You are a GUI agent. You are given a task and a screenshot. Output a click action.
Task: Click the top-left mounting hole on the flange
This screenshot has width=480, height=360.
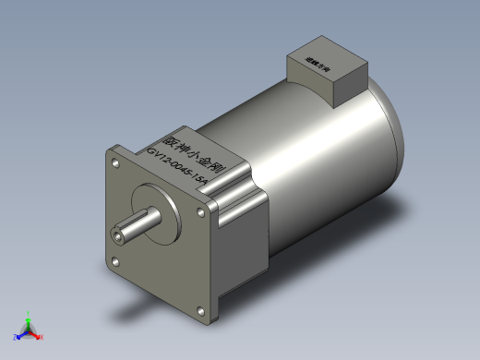click(x=116, y=162)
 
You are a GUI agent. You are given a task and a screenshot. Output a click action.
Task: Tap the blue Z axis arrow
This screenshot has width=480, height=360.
click(x=20, y=334)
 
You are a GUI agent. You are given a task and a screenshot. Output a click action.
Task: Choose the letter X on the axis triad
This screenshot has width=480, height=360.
click(x=42, y=337)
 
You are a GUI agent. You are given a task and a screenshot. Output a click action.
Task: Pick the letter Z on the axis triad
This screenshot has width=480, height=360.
click(x=15, y=338)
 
